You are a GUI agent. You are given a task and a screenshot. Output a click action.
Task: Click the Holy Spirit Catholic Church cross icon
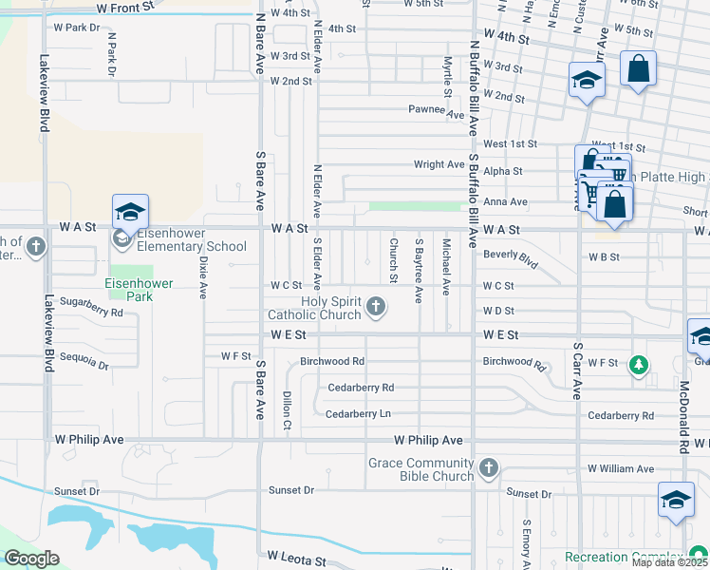[x=376, y=307]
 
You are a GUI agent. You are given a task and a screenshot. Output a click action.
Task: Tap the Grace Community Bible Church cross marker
[x=488, y=468]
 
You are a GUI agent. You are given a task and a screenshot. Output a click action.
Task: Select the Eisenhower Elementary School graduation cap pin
[x=130, y=212]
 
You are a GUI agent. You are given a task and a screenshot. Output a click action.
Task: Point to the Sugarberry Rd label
[x=92, y=312]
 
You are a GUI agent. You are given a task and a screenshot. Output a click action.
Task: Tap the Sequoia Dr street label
[x=85, y=362]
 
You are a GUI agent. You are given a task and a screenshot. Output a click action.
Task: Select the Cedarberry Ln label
[x=358, y=414]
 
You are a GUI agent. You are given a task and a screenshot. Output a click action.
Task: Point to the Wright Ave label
[x=439, y=164]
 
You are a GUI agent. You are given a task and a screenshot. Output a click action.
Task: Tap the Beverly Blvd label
[x=511, y=258]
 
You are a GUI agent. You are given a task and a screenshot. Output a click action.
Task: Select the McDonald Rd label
[x=682, y=415]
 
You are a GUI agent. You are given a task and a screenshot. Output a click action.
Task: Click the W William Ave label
[x=621, y=469]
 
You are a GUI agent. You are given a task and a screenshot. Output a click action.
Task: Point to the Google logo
[x=31, y=559]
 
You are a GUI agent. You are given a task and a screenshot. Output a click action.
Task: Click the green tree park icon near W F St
[x=640, y=365]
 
